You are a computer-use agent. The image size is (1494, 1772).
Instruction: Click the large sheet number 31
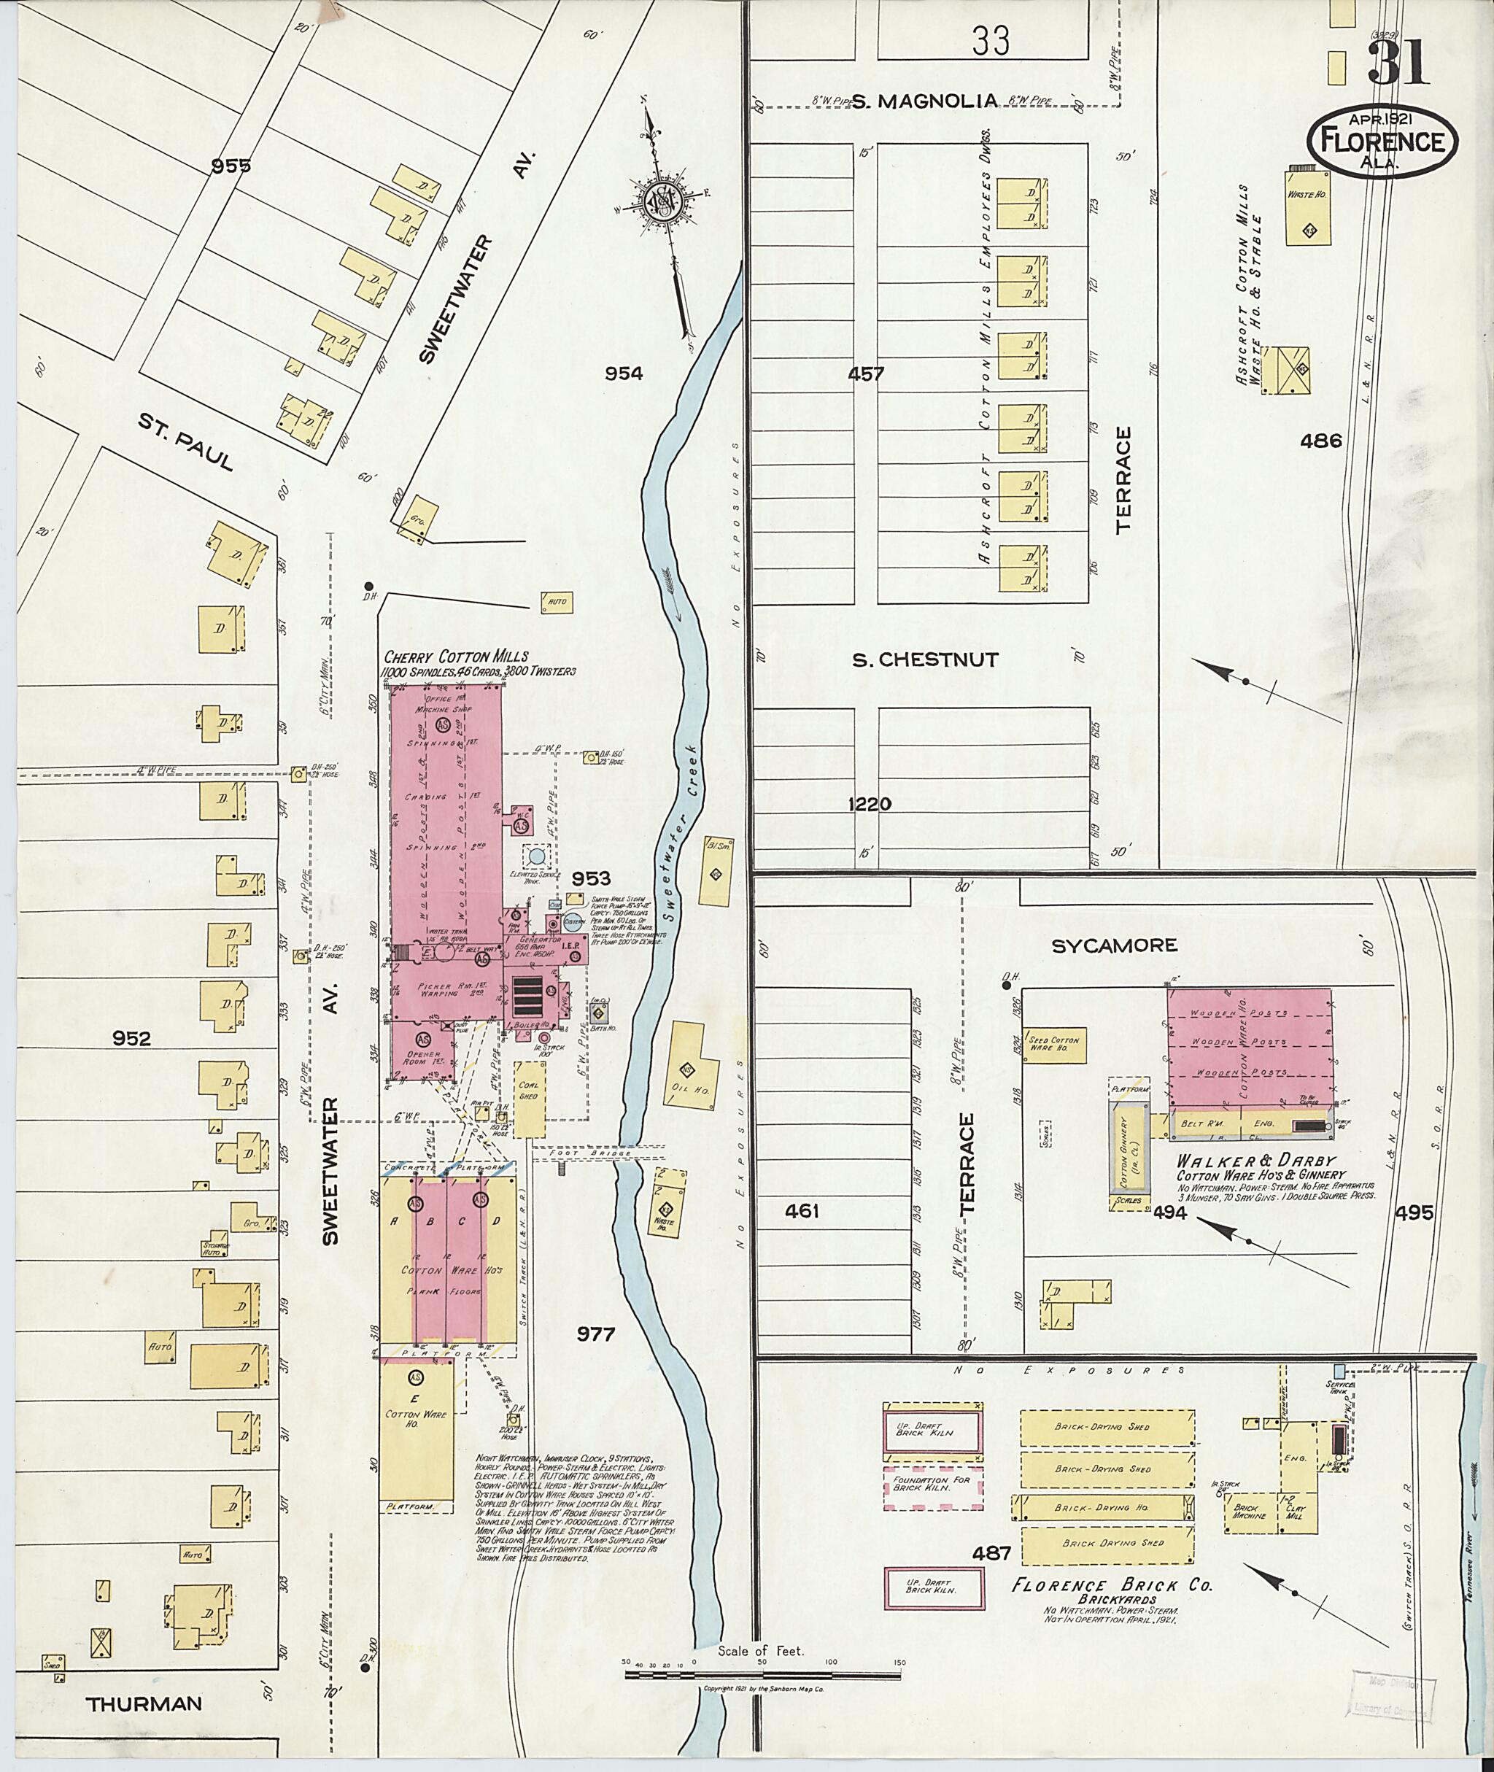[1398, 63]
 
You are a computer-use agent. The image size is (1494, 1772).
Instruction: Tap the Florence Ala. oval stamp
[1382, 142]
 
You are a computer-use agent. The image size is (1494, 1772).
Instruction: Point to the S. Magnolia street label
[924, 101]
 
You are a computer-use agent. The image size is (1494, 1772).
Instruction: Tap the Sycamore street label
[1114, 945]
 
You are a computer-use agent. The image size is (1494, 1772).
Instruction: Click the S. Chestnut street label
[924, 659]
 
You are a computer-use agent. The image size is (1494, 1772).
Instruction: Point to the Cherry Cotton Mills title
[456, 657]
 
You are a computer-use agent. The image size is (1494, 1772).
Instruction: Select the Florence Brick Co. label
[1111, 1586]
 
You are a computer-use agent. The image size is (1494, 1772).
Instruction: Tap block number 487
[992, 1553]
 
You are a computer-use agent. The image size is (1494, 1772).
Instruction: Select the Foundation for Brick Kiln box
[933, 1488]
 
